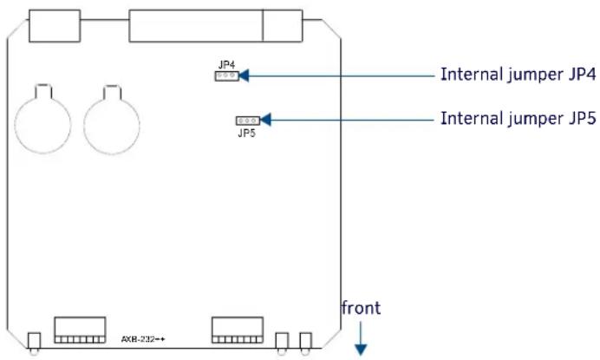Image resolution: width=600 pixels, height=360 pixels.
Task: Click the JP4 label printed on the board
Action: (x=226, y=65)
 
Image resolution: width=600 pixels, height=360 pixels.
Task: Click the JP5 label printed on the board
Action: (x=246, y=133)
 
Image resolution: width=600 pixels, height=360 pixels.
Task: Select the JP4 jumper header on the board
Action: (x=226, y=75)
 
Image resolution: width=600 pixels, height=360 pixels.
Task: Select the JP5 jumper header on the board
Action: (x=248, y=121)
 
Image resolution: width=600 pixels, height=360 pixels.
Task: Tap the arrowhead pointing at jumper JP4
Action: (x=244, y=75)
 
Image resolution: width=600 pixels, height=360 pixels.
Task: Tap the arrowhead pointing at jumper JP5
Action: (x=265, y=120)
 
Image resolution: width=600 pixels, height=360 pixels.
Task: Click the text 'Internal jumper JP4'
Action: (x=518, y=75)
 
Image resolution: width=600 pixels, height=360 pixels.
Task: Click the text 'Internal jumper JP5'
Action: (x=518, y=118)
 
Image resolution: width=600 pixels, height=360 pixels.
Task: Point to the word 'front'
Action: (x=361, y=308)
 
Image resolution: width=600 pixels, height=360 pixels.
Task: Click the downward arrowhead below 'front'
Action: (x=361, y=350)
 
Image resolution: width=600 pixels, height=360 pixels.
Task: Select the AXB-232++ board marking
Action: (x=143, y=339)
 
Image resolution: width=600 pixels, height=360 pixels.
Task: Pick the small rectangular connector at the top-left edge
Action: (x=55, y=26)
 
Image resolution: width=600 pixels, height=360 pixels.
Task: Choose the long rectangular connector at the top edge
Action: (x=216, y=26)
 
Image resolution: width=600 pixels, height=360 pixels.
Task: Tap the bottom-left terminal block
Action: (x=80, y=330)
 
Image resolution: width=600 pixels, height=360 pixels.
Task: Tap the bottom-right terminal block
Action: (x=238, y=330)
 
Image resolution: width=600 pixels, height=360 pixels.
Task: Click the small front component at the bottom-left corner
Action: (x=34, y=343)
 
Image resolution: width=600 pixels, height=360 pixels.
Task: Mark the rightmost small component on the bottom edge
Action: (x=305, y=343)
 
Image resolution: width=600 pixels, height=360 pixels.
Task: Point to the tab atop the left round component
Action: (x=42, y=91)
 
